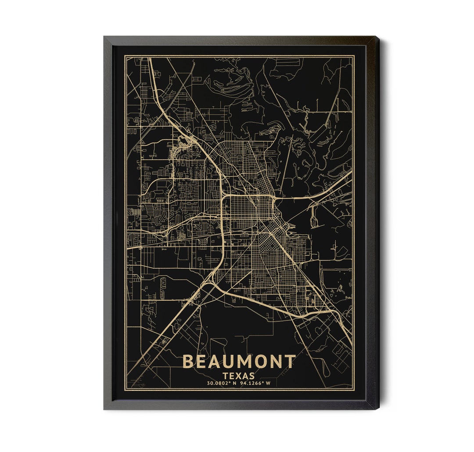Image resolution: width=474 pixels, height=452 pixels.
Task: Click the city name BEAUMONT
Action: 239,362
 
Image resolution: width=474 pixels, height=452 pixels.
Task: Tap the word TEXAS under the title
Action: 238,376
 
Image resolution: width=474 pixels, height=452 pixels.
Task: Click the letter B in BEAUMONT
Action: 188,362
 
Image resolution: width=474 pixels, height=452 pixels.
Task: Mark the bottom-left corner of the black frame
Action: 104,409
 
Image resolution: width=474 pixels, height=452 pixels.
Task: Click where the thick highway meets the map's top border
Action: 149,57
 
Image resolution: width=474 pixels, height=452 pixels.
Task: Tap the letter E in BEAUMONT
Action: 201,362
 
